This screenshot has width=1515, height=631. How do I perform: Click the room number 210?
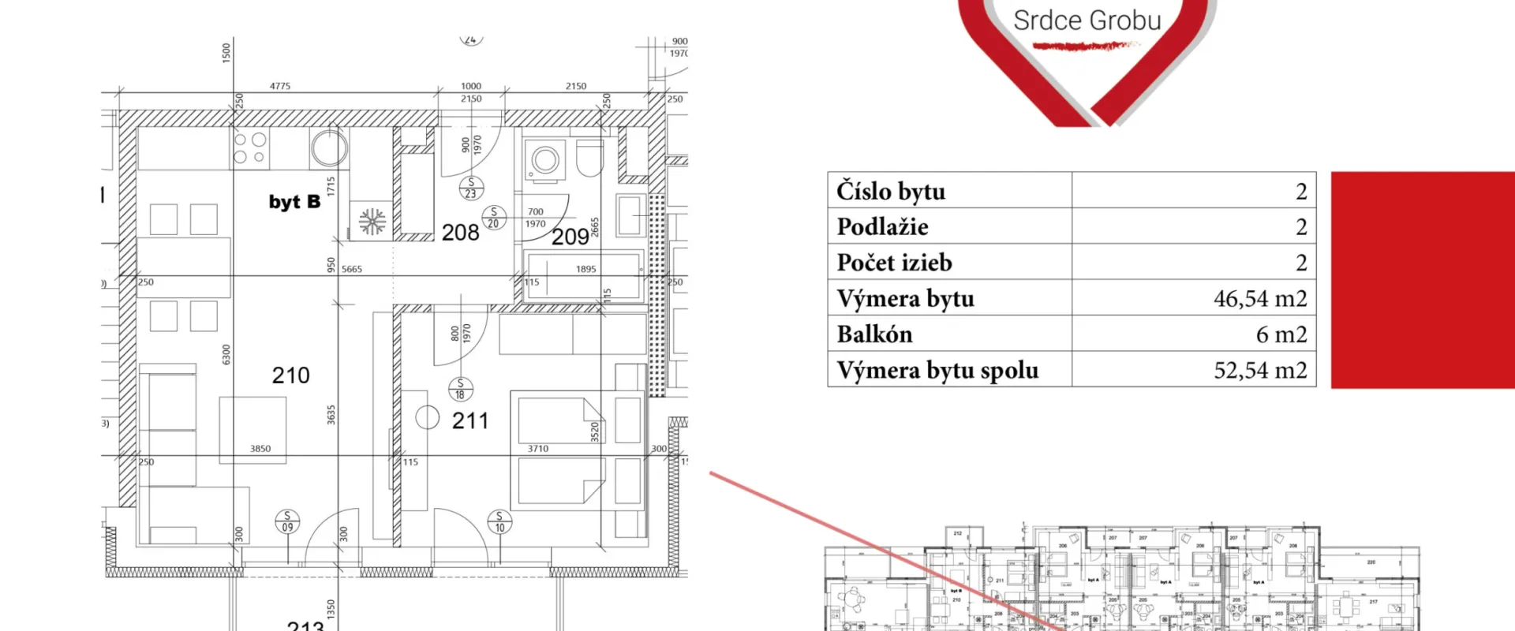[290, 375]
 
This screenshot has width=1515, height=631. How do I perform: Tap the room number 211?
[470, 421]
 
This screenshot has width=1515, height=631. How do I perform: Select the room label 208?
[460, 233]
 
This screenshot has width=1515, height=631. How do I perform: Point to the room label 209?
[570, 237]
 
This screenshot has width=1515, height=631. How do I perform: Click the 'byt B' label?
[294, 202]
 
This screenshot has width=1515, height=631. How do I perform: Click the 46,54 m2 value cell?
[1259, 298]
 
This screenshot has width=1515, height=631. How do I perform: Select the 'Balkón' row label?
[874, 334]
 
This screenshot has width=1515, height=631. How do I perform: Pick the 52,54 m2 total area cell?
[1259, 370]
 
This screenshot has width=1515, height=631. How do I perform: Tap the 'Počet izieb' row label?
[894, 263]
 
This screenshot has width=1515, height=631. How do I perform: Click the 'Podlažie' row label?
[882, 227]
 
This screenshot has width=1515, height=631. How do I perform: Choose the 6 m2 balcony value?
[1281, 334]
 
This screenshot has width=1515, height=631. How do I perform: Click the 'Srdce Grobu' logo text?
[1087, 21]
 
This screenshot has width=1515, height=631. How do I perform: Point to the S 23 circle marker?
[471, 188]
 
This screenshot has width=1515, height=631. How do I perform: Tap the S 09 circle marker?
[287, 521]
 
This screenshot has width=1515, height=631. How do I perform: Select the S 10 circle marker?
[499, 522]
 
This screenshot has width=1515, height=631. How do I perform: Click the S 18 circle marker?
[460, 389]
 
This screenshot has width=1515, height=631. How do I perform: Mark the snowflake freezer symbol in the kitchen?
[372, 222]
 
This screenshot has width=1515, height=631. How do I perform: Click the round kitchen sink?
[328, 147]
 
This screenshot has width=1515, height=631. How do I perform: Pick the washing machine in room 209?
[545, 160]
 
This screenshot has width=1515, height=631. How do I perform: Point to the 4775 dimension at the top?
[280, 86]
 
